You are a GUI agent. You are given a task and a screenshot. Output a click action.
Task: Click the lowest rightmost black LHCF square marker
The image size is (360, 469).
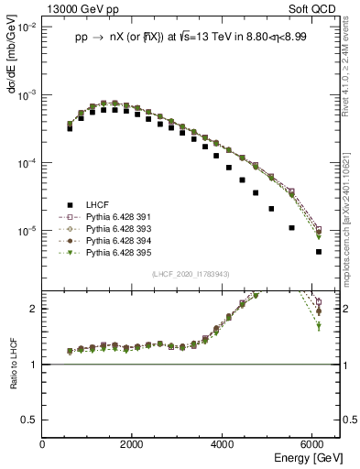coord(319,251)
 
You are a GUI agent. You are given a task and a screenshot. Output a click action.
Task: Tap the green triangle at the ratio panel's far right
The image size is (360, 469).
coord(319,326)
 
